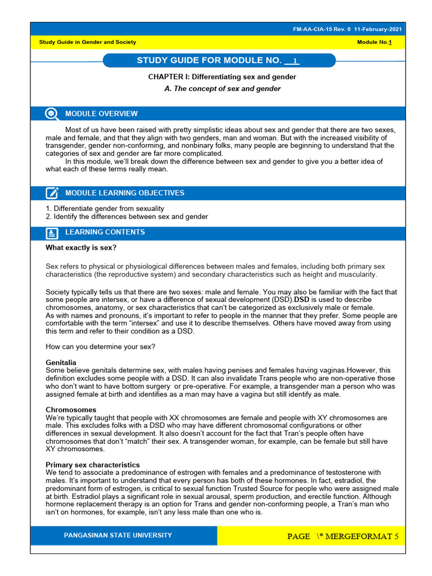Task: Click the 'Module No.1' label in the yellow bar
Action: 375,42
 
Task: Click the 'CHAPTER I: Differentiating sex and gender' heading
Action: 222,76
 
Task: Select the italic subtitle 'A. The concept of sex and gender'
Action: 222,88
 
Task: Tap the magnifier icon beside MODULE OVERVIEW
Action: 52,114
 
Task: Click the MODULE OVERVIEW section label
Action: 101,114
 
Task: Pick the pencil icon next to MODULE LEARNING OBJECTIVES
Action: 52,193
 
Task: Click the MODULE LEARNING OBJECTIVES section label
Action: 124,193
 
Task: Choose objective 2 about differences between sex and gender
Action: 127,217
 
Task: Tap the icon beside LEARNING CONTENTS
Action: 52,233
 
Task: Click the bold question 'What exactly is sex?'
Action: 81,247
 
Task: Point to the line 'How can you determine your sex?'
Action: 100,346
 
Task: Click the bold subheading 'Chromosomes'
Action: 71,410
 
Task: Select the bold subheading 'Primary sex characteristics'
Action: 93,465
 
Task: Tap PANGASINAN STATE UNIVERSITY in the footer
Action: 118,535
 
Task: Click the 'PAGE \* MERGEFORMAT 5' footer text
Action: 343,536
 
